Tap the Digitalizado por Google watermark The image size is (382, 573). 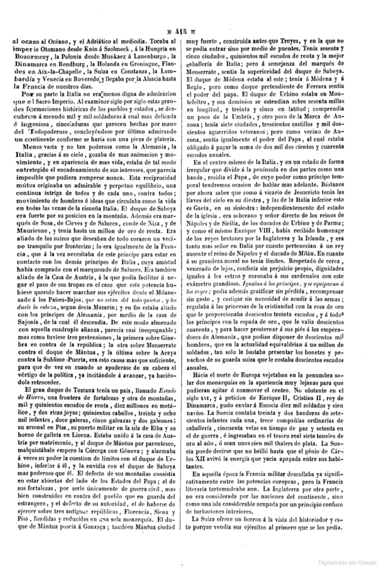[x=348, y=562]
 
